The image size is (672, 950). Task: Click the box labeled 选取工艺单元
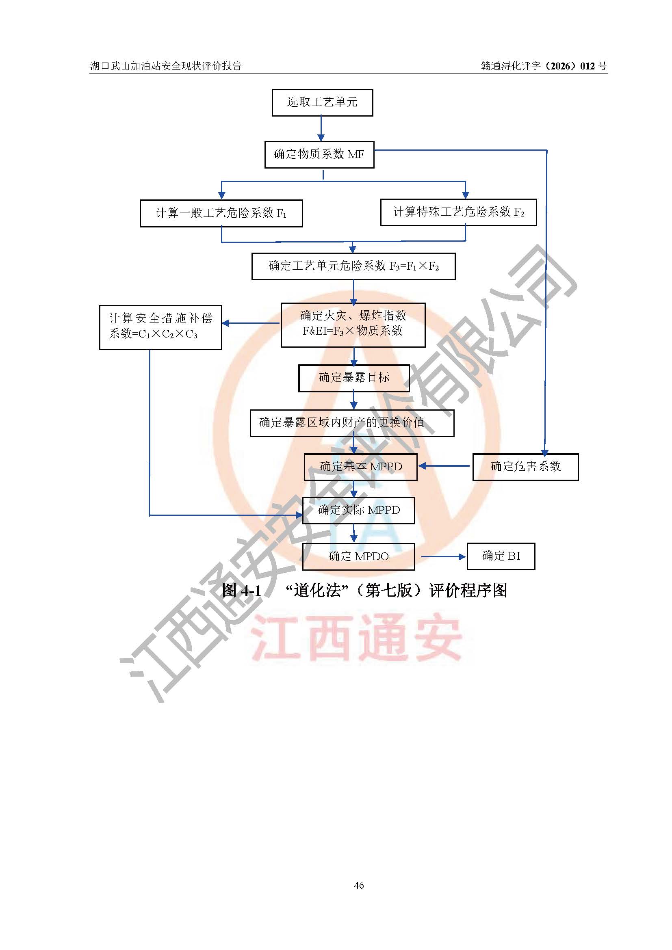(322, 103)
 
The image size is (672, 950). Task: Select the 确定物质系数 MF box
(319, 155)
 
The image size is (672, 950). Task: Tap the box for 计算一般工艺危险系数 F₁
(221, 214)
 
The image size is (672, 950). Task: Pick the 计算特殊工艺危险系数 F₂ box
(458, 212)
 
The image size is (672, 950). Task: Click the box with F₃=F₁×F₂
(354, 266)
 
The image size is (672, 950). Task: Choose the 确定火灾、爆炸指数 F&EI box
(353, 325)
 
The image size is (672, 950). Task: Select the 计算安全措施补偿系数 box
(160, 327)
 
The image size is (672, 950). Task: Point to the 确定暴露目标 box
(354, 378)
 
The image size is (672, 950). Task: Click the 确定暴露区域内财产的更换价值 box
(352, 423)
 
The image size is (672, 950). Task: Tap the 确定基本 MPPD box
(361, 467)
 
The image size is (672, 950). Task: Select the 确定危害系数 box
(525, 467)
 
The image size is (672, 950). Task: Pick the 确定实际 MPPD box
(359, 511)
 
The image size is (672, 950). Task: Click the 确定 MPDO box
(359, 556)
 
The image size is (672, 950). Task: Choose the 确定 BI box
(501, 556)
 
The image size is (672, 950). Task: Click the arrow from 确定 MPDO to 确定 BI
(444, 557)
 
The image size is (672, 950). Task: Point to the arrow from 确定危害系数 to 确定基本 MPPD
(444, 466)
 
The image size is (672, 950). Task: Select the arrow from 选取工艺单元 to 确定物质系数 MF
(321, 128)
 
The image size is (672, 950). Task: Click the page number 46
(359, 885)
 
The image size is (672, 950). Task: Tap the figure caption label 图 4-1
(241, 591)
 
